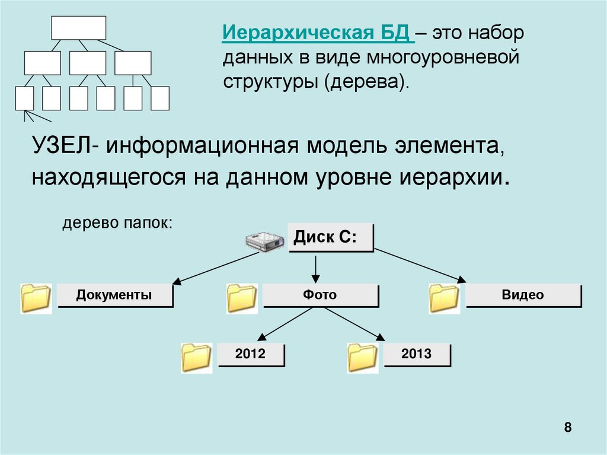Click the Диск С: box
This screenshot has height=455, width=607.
click(x=330, y=238)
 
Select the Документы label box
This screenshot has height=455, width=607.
click(x=114, y=295)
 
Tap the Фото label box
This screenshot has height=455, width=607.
click(x=320, y=295)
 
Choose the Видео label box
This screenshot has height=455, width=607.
click(x=523, y=295)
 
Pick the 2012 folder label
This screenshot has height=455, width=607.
click(x=251, y=355)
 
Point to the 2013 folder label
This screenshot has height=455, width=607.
click(x=416, y=355)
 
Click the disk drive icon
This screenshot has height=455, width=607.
click(x=264, y=240)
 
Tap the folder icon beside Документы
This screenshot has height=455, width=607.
click(x=36, y=298)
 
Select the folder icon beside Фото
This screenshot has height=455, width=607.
click(x=241, y=298)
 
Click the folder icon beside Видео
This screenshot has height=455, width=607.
click(x=444, y=298)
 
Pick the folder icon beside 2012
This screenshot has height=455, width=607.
click(x=197, y=358)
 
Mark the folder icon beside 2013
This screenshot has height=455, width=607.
click(x=363, y=358)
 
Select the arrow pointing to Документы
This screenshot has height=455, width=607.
click(x=216, y=268)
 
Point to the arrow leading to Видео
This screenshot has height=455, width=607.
click(x=418, y=265)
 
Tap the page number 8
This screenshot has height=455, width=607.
click(x=568, y=428)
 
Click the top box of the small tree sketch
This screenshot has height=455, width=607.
click(x=78, y=28)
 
